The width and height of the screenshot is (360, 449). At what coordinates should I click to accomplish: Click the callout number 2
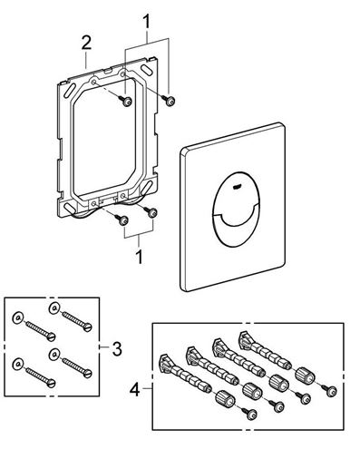click(x=86, y=43)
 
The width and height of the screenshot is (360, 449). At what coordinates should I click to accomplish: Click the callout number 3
click(x=117, y=348)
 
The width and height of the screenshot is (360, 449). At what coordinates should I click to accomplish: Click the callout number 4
click(x=134, y=389)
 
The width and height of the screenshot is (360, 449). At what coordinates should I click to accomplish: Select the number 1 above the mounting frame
click(x=146, y=22)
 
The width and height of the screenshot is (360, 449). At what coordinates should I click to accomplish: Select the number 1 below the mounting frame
click(x=139, y=257)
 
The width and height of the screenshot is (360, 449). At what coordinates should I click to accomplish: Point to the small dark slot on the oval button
click(x=237, y=186)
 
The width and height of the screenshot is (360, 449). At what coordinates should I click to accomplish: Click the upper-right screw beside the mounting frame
click(x=169, y=100)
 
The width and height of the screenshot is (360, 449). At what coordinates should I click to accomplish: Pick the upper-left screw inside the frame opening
click(x=125, y=101)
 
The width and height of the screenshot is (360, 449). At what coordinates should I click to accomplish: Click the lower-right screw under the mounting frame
click(x=151, y=211)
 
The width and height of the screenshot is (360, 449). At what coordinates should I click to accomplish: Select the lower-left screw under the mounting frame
click(x=122, y=220)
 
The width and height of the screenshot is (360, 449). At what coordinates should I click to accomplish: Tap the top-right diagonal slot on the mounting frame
click(x=146, y=68)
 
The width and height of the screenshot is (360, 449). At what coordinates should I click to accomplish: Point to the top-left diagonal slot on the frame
click(x=70, y=90)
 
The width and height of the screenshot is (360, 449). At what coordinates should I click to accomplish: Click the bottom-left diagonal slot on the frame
click(x=69, y=208)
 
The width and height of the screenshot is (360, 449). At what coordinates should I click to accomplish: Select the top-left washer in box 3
click(x=18, y=317)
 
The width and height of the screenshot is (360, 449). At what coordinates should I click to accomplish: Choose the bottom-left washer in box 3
click(x=18, y=364)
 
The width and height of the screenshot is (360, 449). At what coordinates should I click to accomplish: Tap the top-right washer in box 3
click(x=54, y=307)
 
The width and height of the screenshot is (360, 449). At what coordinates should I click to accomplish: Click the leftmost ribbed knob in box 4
click(x=225, y=399)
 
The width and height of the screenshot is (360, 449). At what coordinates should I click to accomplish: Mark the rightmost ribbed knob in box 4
click(x=304, y=376)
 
